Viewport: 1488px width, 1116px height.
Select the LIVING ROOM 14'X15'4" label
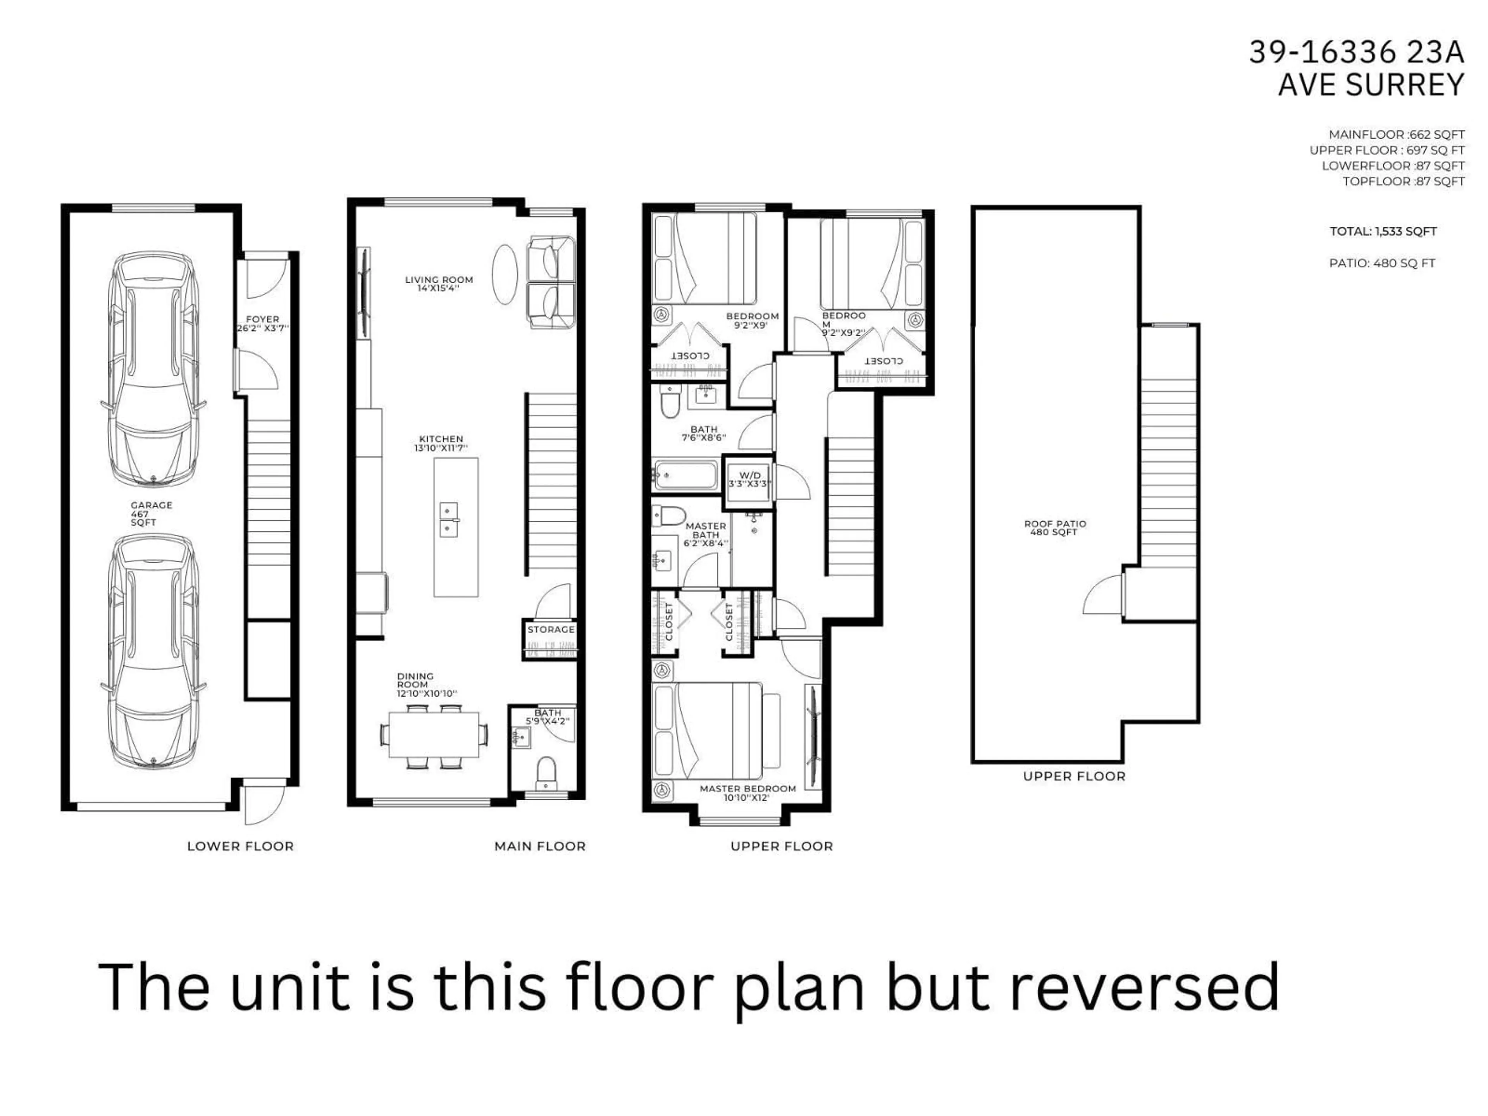(439, 283)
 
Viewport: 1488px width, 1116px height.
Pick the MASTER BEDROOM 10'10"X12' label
(747, 793)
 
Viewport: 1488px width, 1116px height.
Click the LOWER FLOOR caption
(240, 846)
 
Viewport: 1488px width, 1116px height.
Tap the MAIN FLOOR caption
(539, 846)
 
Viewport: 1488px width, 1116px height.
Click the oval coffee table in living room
(505, 274)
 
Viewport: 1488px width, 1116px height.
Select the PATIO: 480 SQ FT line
(1382, 263)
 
